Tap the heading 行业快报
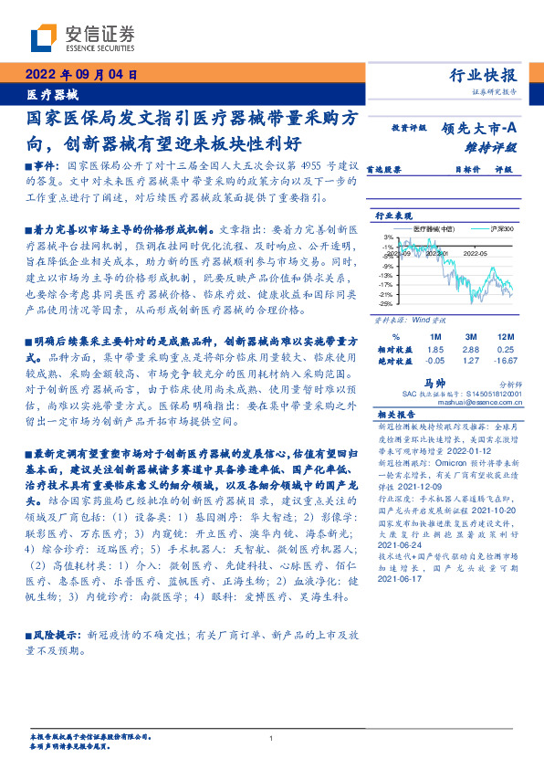pos(484,76)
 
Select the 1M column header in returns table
pos(434,336)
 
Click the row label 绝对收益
pos(394,361)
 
